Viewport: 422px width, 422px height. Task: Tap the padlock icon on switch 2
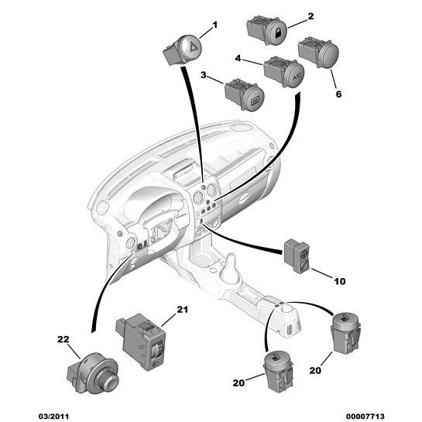(x=277, y=33)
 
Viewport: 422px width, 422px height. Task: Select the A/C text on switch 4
(x=297, y=77)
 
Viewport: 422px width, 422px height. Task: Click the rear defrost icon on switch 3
(x=255, y=101)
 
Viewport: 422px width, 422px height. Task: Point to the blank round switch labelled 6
(x=318, y=52)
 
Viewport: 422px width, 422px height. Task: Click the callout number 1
(x=214, y=25)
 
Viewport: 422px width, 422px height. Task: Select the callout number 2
(x=310, y=16)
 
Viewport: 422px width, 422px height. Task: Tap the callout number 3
(x=204, y=75)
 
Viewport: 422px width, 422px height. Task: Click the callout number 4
(x=238, y=58)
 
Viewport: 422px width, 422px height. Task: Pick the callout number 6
(x=338, y=94)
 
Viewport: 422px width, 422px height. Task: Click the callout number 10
(x=340, y=281)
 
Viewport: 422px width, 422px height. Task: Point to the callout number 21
(x=182, y=310)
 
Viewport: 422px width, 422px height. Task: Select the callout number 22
(x=63, y=339)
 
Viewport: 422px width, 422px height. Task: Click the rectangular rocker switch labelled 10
(x=297, y=256)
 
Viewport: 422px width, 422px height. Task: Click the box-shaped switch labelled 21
(x=140, y=341)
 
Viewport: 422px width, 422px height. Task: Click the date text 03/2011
(x=53, y=417)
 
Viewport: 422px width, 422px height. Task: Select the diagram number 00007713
(x=365, y=417)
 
